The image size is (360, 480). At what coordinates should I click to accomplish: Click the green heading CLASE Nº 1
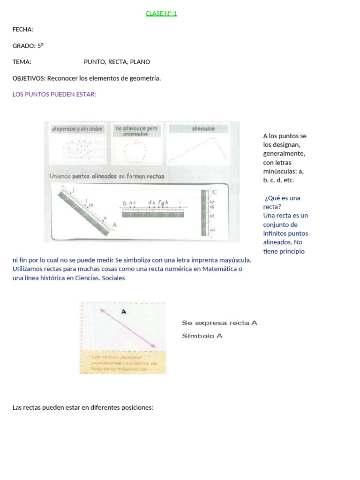[x=161, y=13]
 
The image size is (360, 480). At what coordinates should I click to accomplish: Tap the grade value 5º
[x=40, y=46]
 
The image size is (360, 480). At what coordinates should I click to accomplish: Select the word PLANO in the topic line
[x=140, y=62]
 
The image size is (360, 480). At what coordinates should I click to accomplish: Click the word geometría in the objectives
[x=144, y=78]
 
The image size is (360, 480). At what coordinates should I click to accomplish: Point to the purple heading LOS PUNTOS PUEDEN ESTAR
[x=54, y=94]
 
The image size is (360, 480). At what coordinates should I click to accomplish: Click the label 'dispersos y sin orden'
[x=77, y=128]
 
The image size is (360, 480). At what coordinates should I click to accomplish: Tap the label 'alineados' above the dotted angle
[x=203, y=128]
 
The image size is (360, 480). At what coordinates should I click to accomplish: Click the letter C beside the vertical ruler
[x=215, y=192]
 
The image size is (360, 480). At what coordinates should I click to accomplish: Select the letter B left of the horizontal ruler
[x=124, y=203]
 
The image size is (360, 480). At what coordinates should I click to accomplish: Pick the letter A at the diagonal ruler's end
[x=114, y=225]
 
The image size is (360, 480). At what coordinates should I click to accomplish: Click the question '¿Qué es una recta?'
[x=282, y=202]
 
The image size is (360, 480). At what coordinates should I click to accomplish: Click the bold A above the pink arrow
[x=124, y=311]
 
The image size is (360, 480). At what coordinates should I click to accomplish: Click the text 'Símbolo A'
[x=202, y=336]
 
